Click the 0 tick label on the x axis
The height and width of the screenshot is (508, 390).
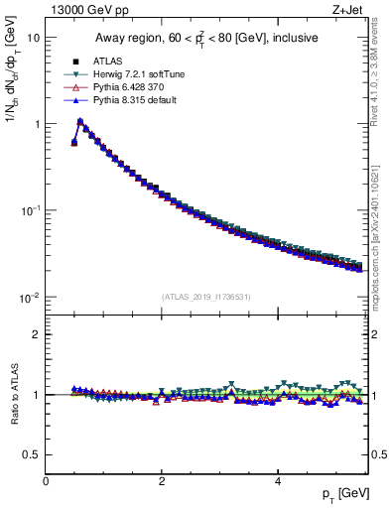tap(46, 481)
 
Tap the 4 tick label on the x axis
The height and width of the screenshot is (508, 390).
tap(278, 481)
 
